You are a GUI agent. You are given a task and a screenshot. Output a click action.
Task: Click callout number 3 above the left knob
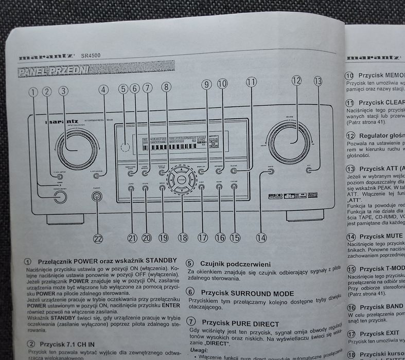coord(63,92)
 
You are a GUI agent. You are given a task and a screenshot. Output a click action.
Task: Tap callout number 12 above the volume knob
coord(296,81)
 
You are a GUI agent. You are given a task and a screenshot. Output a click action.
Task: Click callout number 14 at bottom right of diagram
coord(262,237)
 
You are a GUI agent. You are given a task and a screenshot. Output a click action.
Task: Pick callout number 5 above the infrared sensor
coord(122,88)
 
